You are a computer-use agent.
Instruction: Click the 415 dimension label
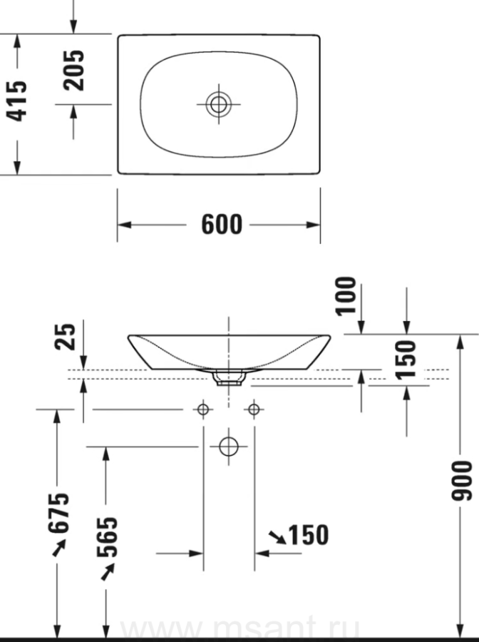click(x=17, y=101)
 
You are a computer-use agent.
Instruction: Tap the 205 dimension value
click(x=73, y=70)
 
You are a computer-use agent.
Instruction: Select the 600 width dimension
click(x=222, y=225)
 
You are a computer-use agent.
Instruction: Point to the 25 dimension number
click(x=65, y=337)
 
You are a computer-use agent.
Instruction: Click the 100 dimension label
click(x=346, y=296)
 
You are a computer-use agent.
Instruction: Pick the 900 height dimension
click(x=461, y=480)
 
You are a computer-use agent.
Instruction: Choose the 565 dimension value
click(x=107, y=536)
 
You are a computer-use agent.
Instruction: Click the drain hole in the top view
click(x=218, y=104)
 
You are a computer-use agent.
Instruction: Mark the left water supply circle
click(x=203, y=409)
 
